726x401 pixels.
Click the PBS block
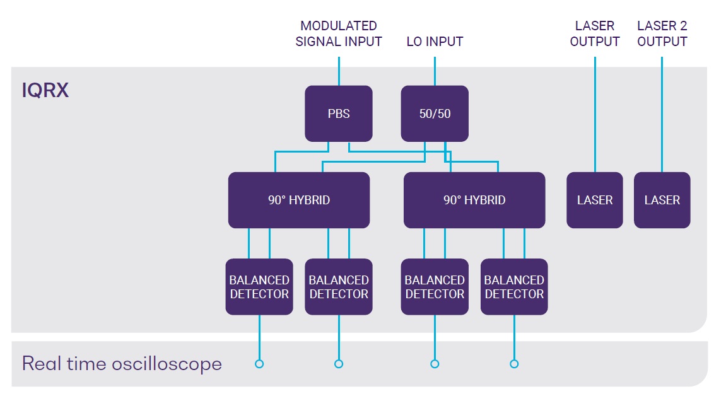pos(339,113)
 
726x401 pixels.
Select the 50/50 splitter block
pos(435,113)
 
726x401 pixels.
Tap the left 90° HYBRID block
pos(299,200)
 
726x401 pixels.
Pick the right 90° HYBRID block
pos(474,200)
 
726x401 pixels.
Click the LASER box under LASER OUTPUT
pos(595,200)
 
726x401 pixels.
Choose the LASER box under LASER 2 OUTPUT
pos(662,200)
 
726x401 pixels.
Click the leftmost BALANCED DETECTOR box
pos(259,287)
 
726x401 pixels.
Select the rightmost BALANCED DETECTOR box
pos(515,287)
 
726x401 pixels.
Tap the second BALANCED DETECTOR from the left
pos(339,287)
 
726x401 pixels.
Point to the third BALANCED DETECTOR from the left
pos(435,287)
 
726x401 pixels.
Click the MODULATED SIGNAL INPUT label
pos(339,33)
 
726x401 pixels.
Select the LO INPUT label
pos(435,42)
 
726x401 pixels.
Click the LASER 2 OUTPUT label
pos(662,33)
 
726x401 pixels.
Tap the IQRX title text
pos(45,90)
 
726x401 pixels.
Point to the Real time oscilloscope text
pos(122,364)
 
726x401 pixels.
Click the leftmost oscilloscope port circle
pos(259,364)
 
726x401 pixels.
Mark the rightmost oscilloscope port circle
pos(514,364)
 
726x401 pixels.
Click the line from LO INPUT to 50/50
pos(435,71)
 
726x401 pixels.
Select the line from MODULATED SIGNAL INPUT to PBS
pos(339,71)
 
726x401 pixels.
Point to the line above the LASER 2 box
pos(662,114)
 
